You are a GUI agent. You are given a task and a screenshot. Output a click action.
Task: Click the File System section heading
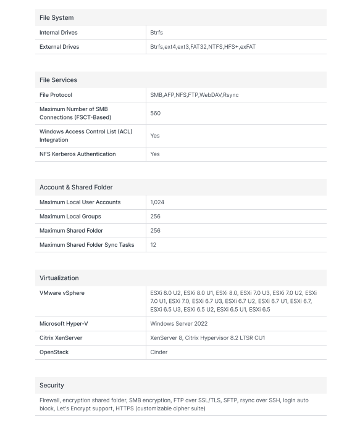[x=57, y=18]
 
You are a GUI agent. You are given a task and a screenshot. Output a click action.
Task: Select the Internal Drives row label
[x=59, y=33]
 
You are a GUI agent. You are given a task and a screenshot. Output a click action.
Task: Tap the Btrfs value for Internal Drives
[x=156, y=33]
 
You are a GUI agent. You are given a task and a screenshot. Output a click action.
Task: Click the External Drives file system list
[x=203, y=47]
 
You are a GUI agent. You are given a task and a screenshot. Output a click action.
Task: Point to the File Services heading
[x=59, y=80]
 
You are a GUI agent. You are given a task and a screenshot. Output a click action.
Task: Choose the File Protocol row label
[x=56, y=95]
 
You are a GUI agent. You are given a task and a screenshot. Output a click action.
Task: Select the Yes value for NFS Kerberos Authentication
[x=155, y=154]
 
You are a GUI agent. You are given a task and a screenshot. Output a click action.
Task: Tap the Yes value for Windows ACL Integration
[x=155, y=136]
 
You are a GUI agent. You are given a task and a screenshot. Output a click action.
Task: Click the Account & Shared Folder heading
[x=76, y=188]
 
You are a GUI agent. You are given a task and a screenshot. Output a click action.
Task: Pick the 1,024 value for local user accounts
[x=157, y=202]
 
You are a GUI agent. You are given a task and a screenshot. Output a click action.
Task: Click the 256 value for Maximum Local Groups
[x=156, y=217]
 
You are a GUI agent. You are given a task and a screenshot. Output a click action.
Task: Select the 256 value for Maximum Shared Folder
[x=156, y=231]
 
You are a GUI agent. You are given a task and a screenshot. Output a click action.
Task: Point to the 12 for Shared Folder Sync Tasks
[x=153, y=245]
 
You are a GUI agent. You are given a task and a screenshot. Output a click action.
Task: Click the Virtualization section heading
[x=59, y=278]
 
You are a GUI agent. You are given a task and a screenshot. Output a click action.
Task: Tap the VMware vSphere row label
[x=62, y=293]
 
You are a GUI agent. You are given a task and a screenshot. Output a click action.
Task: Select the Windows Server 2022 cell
[x=179, y=324]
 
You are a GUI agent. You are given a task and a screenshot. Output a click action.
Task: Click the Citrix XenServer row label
[x=61, y=338]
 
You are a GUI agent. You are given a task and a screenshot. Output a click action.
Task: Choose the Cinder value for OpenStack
[x=159, y=352]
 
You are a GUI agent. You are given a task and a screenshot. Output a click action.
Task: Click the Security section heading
[x=52, y=386]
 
